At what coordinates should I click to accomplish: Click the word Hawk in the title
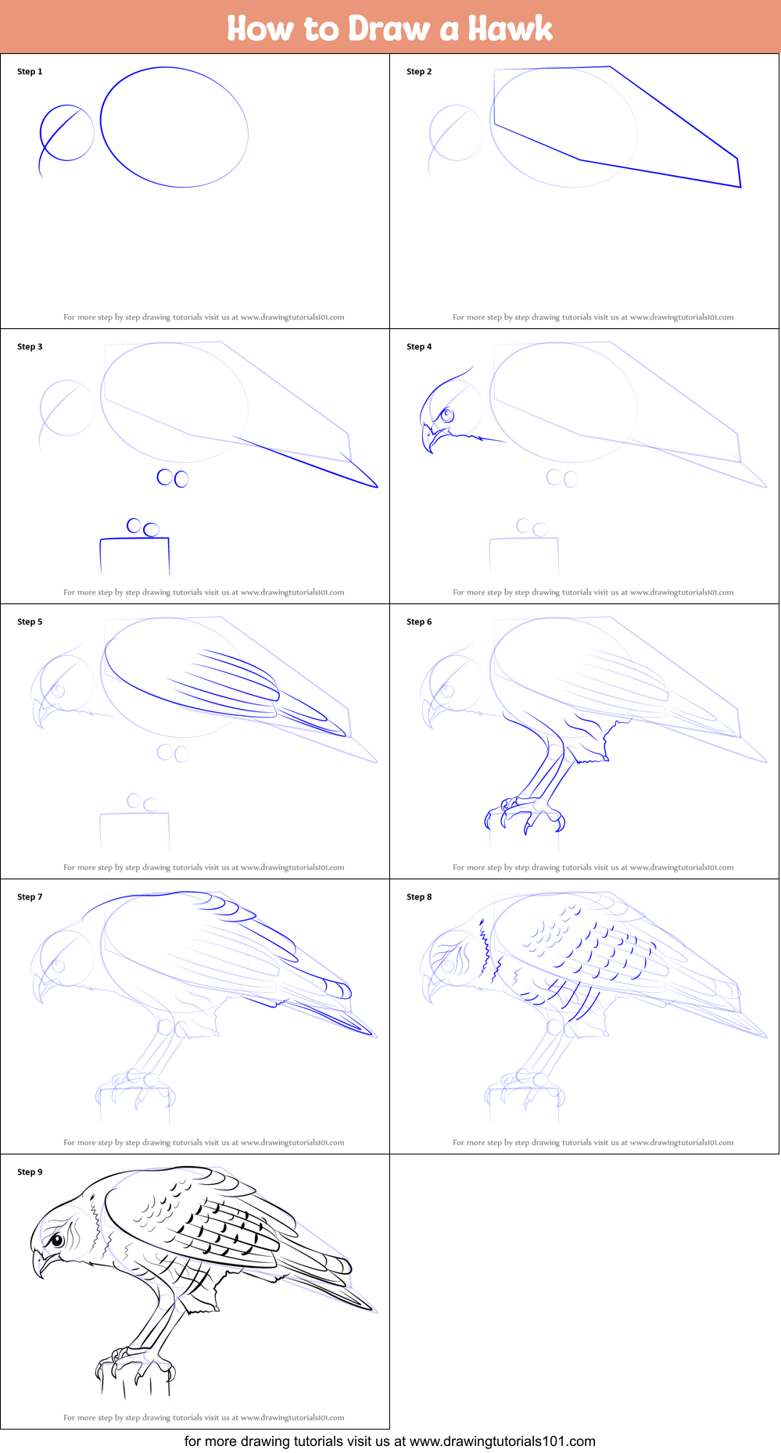(x=511, y=28)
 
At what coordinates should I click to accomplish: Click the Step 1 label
(x=30, y=71)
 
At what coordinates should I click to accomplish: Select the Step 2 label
(x=419, y=71)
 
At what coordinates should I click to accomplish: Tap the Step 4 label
(x=419, y=346)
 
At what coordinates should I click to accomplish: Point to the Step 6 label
(x=419, y=621)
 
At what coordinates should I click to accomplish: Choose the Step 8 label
(x=419, y=896)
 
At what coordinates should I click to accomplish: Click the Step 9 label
(x=30, y=1172)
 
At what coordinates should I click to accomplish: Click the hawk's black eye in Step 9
(x=57, y=1240)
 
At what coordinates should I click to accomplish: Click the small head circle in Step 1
(x=94, y=133)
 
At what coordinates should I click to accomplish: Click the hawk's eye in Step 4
(x=447, y=415)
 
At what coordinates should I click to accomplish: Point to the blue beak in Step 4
(x=429, y=438)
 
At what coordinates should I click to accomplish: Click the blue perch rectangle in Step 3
(x=134, y=539)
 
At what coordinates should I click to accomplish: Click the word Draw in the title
(x=389, y=28)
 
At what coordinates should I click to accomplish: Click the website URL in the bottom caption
(x=503, y=1440)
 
